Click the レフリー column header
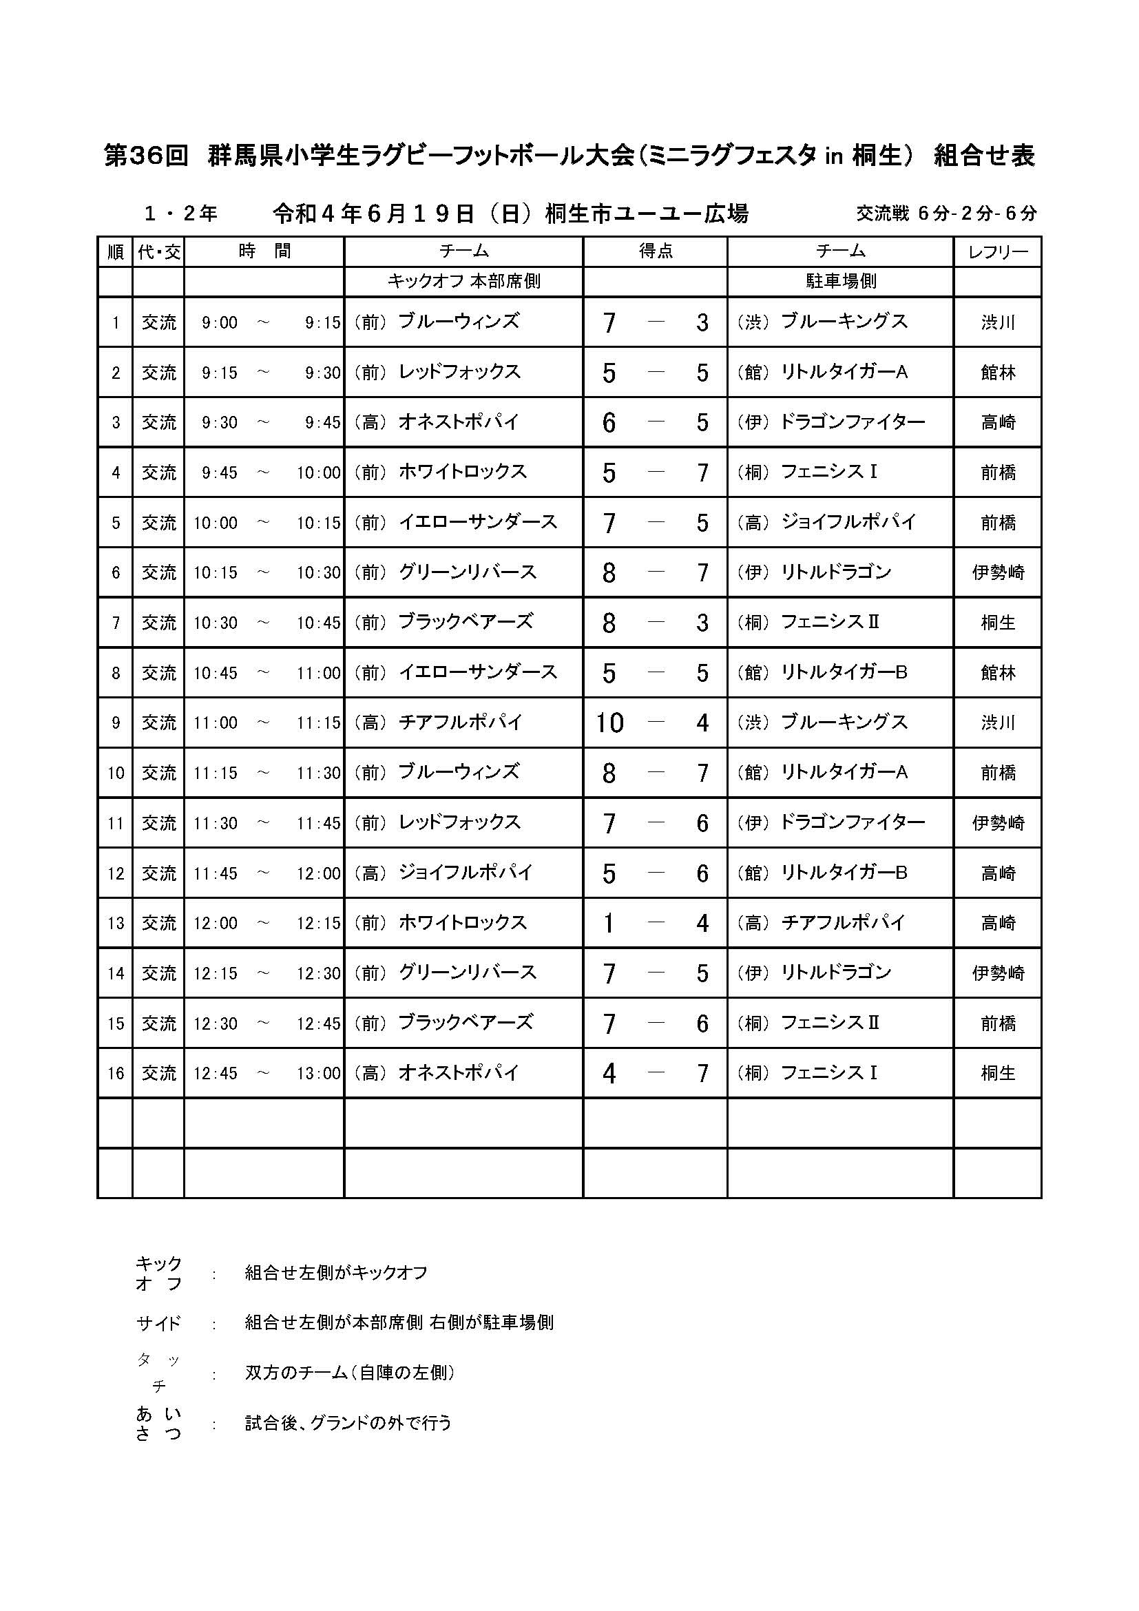point(997,252)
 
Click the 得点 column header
point(655,251)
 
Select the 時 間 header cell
point(264,251)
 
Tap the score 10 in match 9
point(609,723)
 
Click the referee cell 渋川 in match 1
point(997,323)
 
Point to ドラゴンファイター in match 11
point(852,822)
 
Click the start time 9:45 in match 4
point(220,473)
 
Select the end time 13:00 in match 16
point(318,1073)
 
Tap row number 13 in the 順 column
point(115,923)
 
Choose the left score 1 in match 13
point(609,923)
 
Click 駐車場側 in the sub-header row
point(840,282)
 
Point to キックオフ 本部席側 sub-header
point(463,282)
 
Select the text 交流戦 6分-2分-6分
point(945,214)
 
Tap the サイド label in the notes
point(158,1324)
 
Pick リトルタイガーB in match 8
point(844,672)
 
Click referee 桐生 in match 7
point(997,623)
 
